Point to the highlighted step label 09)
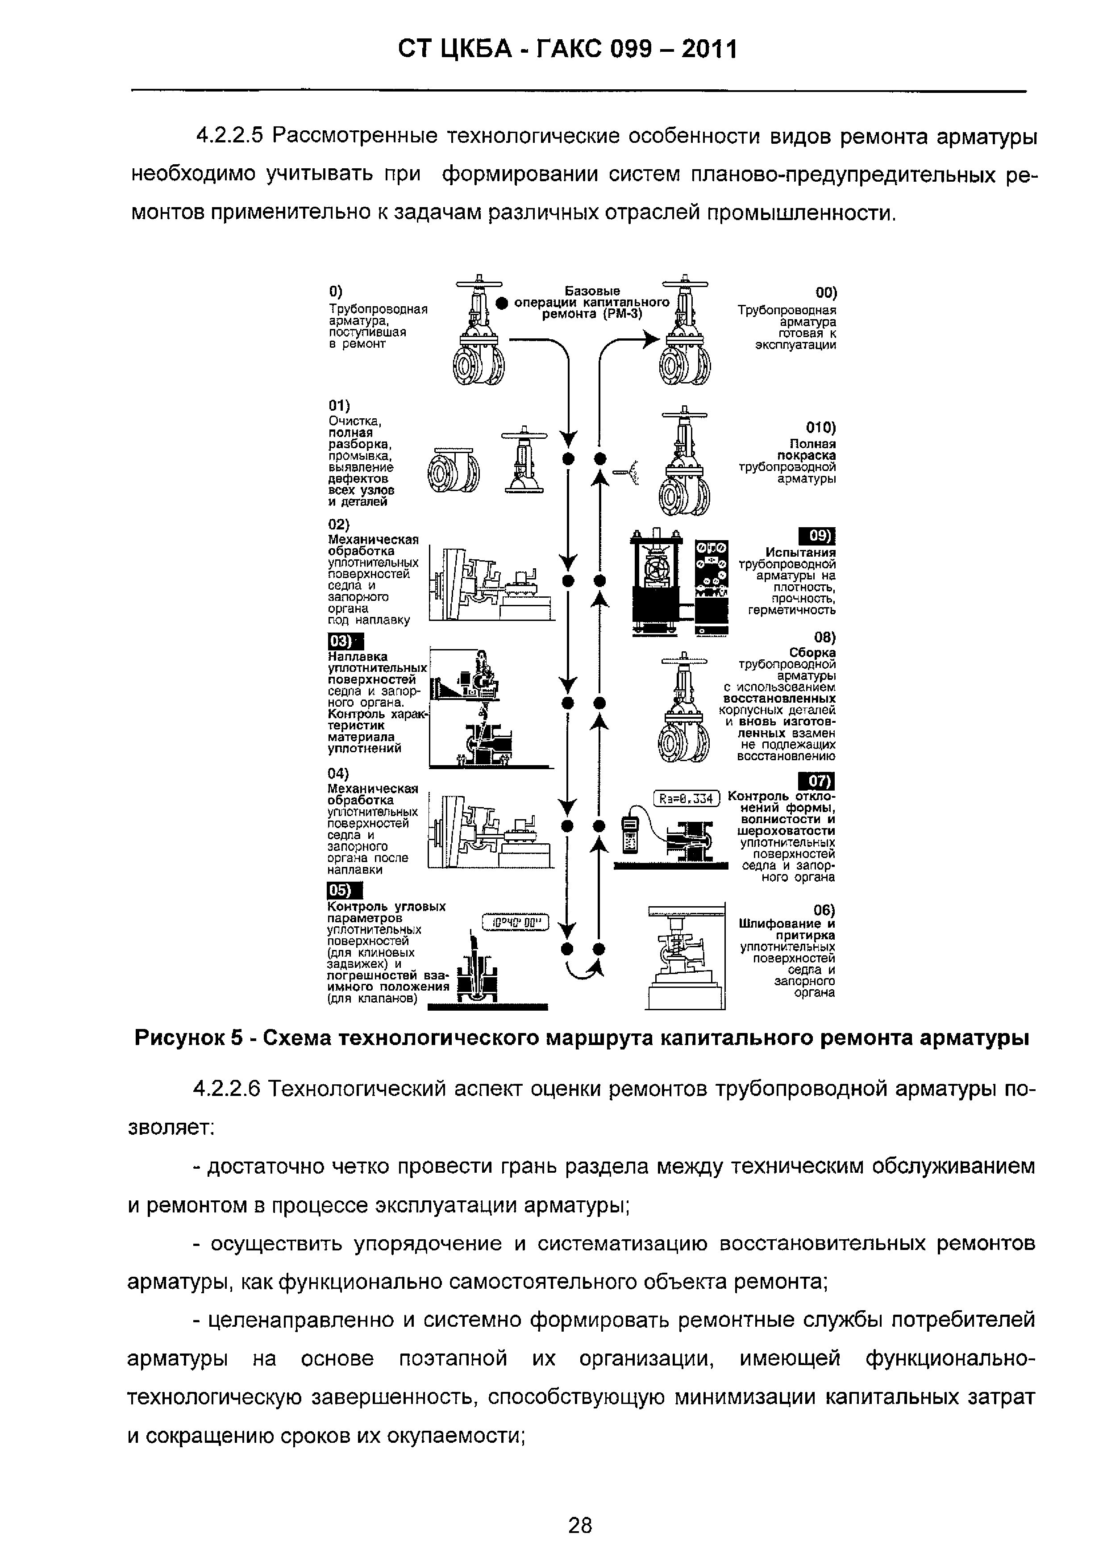tap(816, 537)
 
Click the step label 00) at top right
tap(825, 293)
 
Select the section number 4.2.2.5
tap(229, 137)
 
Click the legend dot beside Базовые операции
tap(502, 303)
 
